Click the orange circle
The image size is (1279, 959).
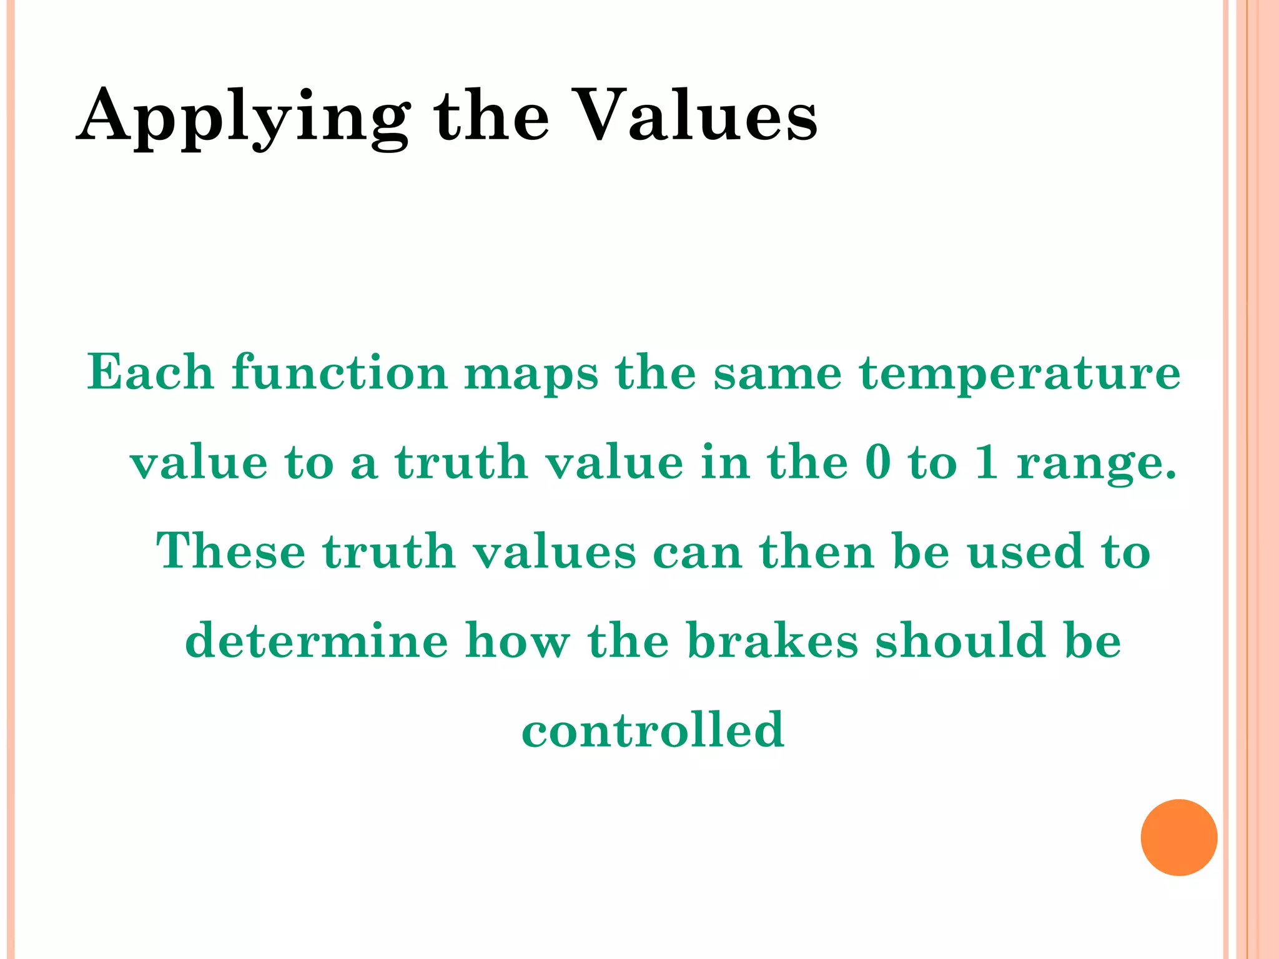(x=1178, y=837)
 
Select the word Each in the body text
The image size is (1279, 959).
(x=151, y=372)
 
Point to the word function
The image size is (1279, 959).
(x=340, y=372)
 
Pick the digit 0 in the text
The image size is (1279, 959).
(x=878, y=463)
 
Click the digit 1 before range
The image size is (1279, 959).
(x=986, y=463)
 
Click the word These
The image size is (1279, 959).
(x=230, y=551)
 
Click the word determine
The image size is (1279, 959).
(x=317, y=641)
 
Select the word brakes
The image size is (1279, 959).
(x=773, y=641)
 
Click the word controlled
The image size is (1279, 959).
(x=653, y=730)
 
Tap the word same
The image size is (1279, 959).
(x=778, y=373)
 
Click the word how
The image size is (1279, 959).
(x=518, y=641)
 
